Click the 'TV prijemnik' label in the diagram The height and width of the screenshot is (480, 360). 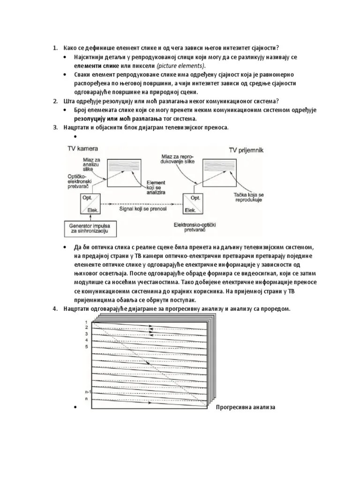[246, 150]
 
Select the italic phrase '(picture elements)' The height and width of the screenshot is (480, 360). [181, 66]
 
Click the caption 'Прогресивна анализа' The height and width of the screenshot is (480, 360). [246, 407]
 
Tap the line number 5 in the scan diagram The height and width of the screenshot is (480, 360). [87, 346]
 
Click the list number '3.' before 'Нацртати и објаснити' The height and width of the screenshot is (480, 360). [55, 128]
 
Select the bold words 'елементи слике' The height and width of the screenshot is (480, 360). [93, 66]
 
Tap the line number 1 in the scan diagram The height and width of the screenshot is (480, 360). [87, 320]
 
